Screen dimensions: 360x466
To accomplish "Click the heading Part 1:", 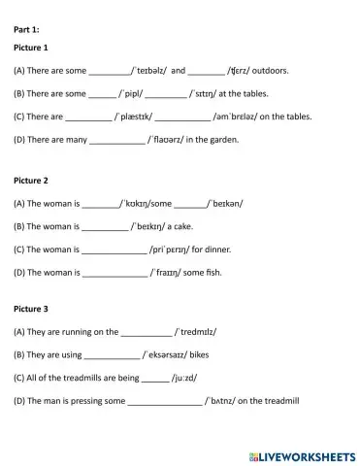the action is [27, 29].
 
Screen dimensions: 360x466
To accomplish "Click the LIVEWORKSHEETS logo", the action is [302, 454].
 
